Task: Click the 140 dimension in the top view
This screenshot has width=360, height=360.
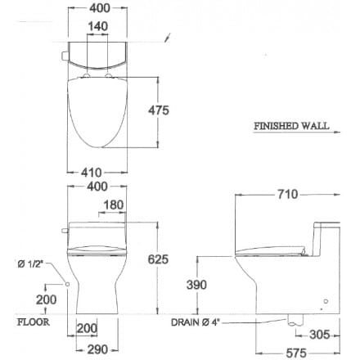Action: (97, 26)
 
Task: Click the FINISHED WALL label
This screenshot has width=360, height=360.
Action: (291, 127)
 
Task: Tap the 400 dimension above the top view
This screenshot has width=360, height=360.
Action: (97, 7)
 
